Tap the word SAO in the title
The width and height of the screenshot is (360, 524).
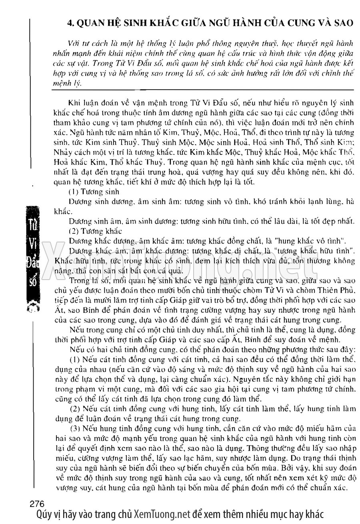(342, 23)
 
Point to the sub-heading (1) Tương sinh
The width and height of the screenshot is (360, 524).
(92, 192)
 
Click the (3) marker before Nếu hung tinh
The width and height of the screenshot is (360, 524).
(75, 428)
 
